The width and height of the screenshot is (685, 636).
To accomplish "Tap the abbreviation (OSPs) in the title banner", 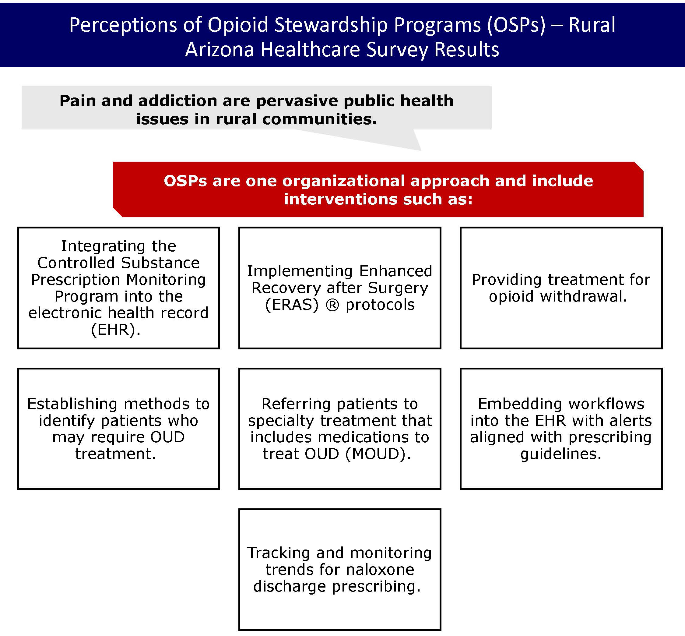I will [x=516, y=25].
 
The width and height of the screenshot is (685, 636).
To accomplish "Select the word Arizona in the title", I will [x=219, y=49].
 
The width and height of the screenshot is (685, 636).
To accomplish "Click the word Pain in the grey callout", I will [x=77, y=101].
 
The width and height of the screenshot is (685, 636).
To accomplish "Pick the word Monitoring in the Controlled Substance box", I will [x=166, y=279].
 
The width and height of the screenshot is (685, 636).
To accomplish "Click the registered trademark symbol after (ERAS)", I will [x=332, y=305].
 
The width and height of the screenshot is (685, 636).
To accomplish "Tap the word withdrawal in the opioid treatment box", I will [x=583, y=296].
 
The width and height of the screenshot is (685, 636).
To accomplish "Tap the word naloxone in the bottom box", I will [x=380, y=570].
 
